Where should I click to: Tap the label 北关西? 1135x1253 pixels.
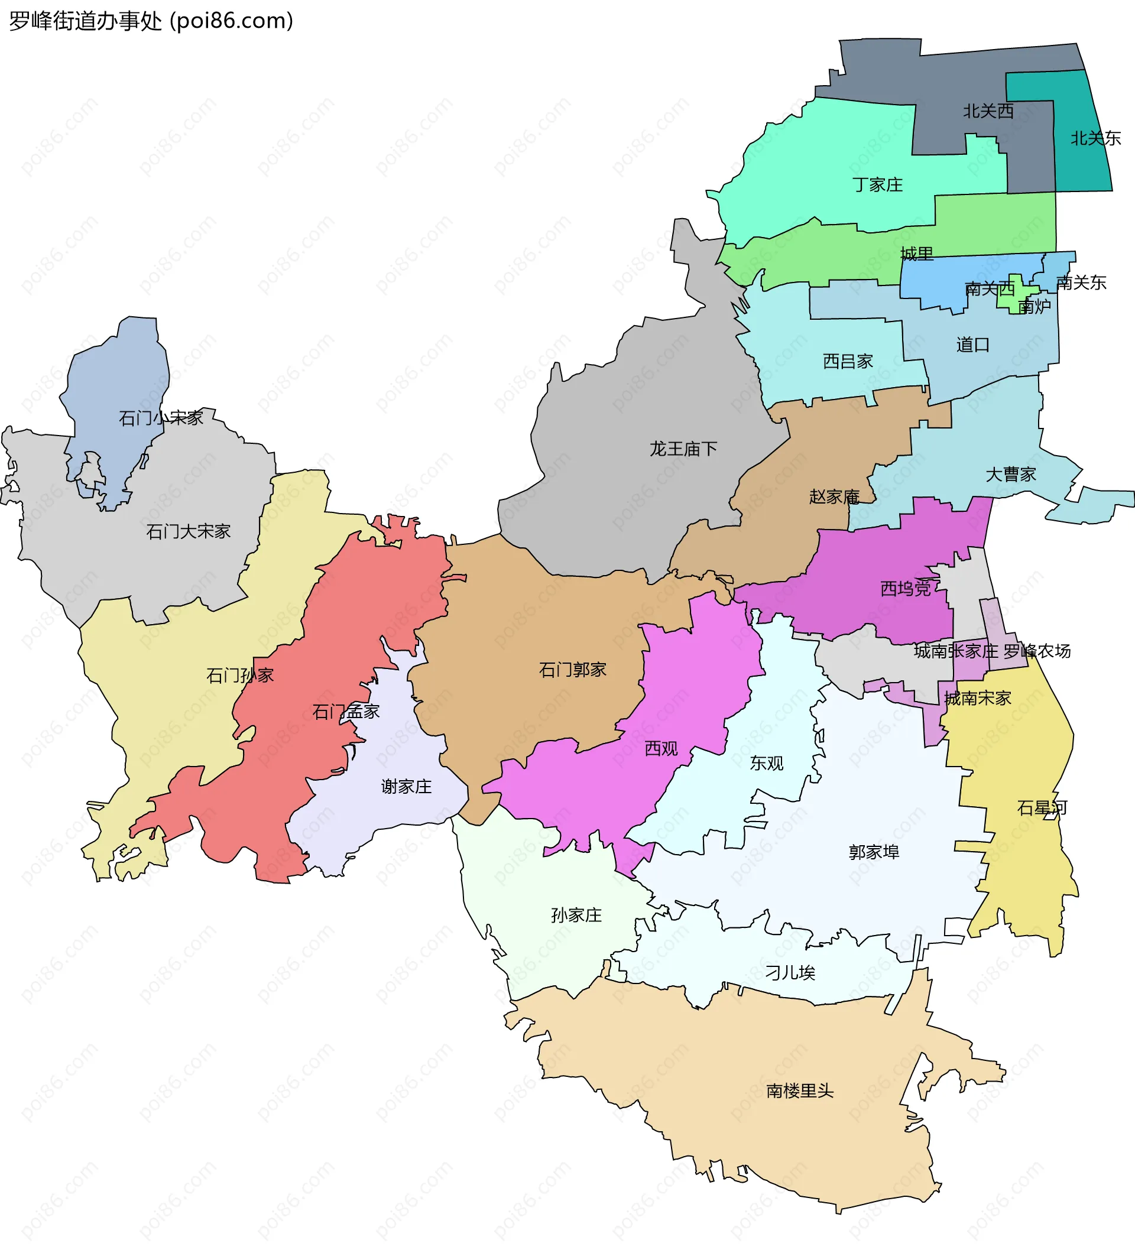[988, 111]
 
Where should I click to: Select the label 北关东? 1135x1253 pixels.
[1095, 138]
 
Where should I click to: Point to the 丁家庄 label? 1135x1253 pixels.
[877, 184]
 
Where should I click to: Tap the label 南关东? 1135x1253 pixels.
[1081, 283]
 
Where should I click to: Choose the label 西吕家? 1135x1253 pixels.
[847, 361]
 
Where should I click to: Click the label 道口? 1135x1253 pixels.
[972, 345]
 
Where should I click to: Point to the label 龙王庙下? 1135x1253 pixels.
[683, 449]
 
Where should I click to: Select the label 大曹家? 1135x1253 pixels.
[1011, 475]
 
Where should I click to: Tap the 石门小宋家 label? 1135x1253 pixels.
[161, 418]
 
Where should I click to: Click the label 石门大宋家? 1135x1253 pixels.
[189, 531]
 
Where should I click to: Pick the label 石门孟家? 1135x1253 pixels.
[346, 712]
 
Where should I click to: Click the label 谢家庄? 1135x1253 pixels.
[406, 787]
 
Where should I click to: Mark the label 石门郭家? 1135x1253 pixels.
[572, 670]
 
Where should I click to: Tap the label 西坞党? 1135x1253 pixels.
[906, 589]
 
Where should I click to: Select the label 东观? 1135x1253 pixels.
[766, 763]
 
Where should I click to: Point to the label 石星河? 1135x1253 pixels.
[1042, 808]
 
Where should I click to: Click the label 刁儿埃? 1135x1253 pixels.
[789, 973]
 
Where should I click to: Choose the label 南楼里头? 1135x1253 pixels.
[799, 1091]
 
